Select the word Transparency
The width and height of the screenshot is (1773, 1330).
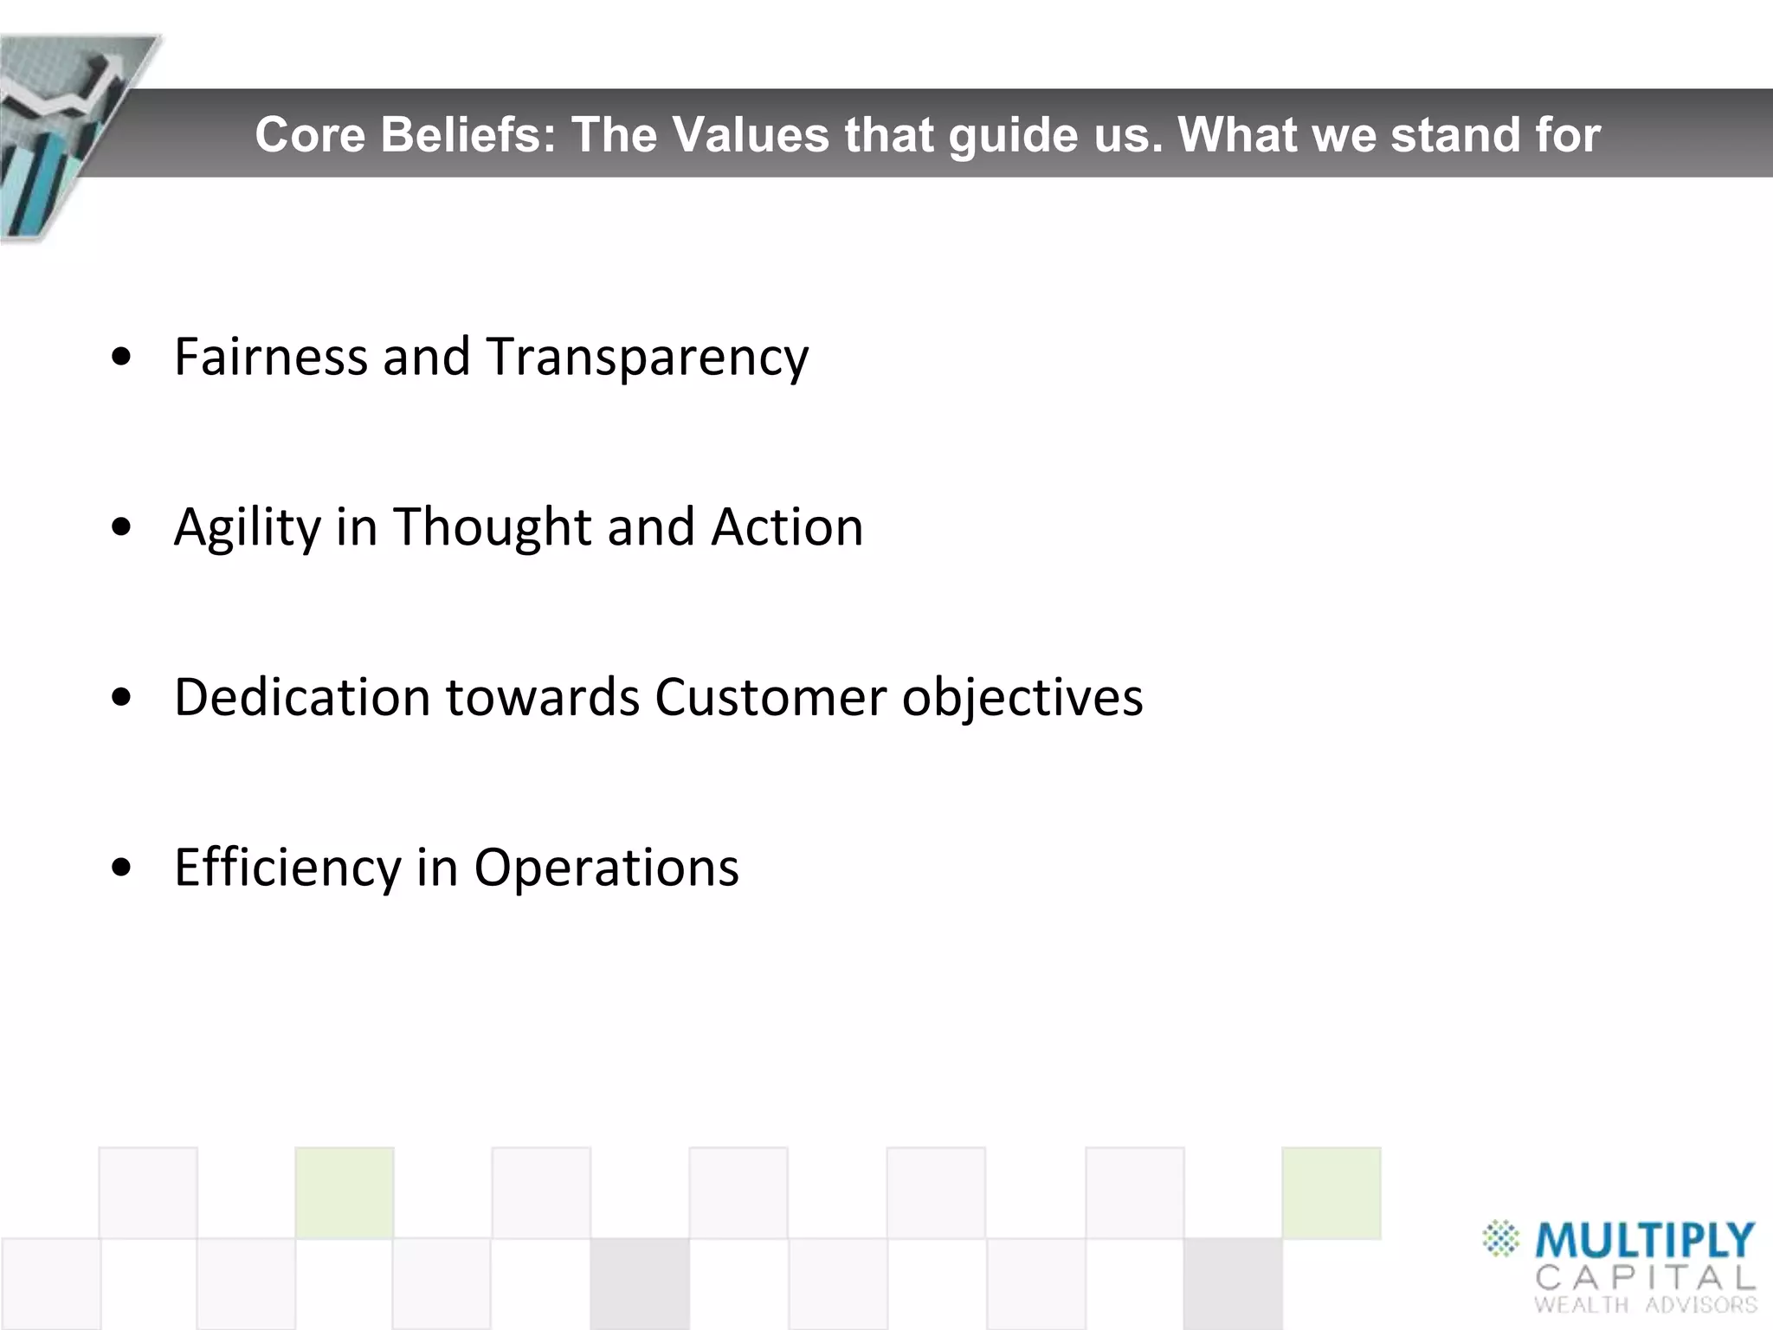tap(647, 358)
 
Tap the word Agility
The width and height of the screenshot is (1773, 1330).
tap(247, 527)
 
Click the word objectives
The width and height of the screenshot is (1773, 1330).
tap(1022, 698)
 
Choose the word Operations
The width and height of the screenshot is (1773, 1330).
tap(606, 868)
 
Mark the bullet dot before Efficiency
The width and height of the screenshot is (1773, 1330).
tap(122, 867)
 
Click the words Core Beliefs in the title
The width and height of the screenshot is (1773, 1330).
tap(405, 134)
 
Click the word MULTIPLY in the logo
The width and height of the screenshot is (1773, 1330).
tap(1644, 1241)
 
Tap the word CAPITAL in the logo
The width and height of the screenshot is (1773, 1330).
tap(1644, 1277)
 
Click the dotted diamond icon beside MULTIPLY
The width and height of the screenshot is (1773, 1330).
tap(1500, 1238)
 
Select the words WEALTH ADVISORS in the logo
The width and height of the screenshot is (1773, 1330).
tap(1644, 1305)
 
